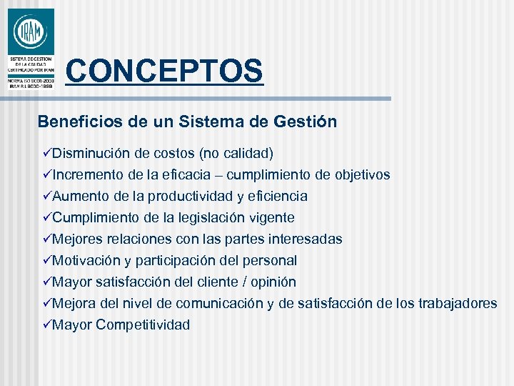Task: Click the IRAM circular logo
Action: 30,31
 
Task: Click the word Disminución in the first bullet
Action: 91,153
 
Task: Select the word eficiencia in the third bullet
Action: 276,196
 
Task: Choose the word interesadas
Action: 303,239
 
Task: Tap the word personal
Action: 271,260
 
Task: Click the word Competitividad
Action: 143,325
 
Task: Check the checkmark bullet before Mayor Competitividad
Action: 46,325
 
